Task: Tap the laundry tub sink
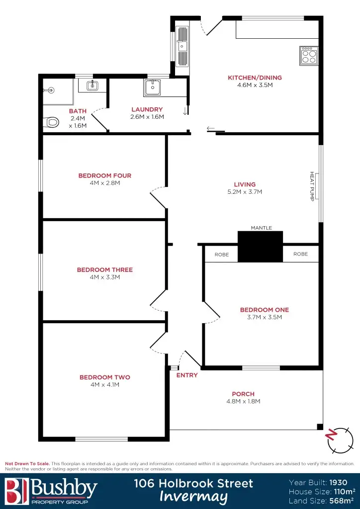coord(152,87)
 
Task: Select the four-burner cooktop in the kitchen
coord(308,55)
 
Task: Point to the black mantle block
coord(260,247)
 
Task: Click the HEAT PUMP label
coord(313,185)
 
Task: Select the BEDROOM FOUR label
coord(104,175)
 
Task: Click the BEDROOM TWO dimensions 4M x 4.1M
coord(104,384)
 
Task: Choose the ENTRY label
coord(187,375)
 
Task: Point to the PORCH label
coord(243,394)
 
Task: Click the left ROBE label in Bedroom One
coord(222,254)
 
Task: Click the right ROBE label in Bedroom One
coord(300,254)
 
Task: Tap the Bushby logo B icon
coord(16,490)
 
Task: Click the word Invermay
coord(193,497)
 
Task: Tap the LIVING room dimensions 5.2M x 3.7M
coord(245,191)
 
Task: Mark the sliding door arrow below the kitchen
coord(211,129)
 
